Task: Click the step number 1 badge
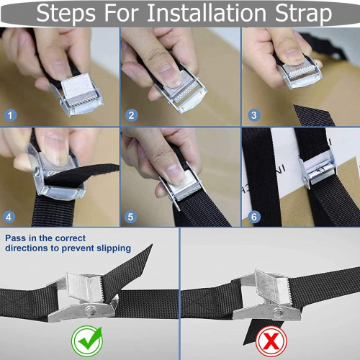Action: pos(10,115)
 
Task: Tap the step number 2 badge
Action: pos(132,115)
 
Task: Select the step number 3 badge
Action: pos(254,115)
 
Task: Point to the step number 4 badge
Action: pos(9,217)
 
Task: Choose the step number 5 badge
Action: pos(130,217)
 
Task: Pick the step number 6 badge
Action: pos(254,217)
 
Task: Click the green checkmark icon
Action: pos(87,341)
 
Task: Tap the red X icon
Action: pos(271,341)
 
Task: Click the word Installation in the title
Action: pos(207,13)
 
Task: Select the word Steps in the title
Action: pos(66,14)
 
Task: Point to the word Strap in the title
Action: pos(303,14)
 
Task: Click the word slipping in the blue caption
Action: pos(114,248)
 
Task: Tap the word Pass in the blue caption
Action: pos(16,238)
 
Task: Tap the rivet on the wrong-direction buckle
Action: pos(278,312)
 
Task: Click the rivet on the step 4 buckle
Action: pos(37,171)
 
